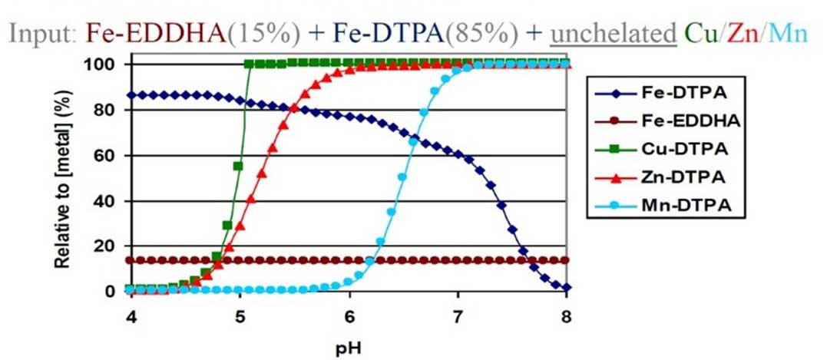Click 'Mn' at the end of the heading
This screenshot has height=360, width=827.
pyautogui.click(x=790, y=33)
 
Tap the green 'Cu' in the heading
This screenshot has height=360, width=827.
pyautogui.click(x=702, y=33)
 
